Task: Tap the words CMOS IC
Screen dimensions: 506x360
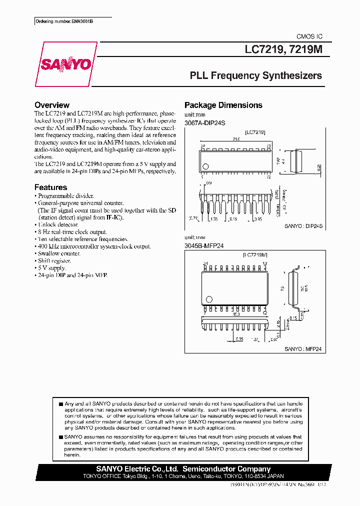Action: pos(309,37)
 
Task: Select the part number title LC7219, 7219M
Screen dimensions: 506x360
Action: pos(283,50)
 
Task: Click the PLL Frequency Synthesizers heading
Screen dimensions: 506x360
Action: pos(256,76)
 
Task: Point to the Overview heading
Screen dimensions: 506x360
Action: pos(52,105)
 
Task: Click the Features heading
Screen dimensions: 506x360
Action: pos(50,187)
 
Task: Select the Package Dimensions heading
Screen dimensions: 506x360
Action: pos(223,105)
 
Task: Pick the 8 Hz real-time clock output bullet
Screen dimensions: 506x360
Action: pos(72,232)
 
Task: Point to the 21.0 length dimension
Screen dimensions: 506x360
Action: pos(236,139)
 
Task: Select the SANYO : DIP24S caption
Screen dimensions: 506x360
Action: pos(304,226)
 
